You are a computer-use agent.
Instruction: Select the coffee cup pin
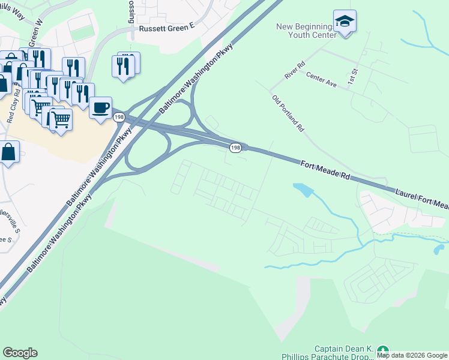click(x=101, y=108)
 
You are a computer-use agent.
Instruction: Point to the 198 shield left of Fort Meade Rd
click(x=236, y=147)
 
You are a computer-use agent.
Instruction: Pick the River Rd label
click(x=295, y=70)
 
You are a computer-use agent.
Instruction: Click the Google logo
click(x=20, y=352)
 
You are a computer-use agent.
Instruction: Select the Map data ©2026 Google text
click(x=412, y=355)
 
